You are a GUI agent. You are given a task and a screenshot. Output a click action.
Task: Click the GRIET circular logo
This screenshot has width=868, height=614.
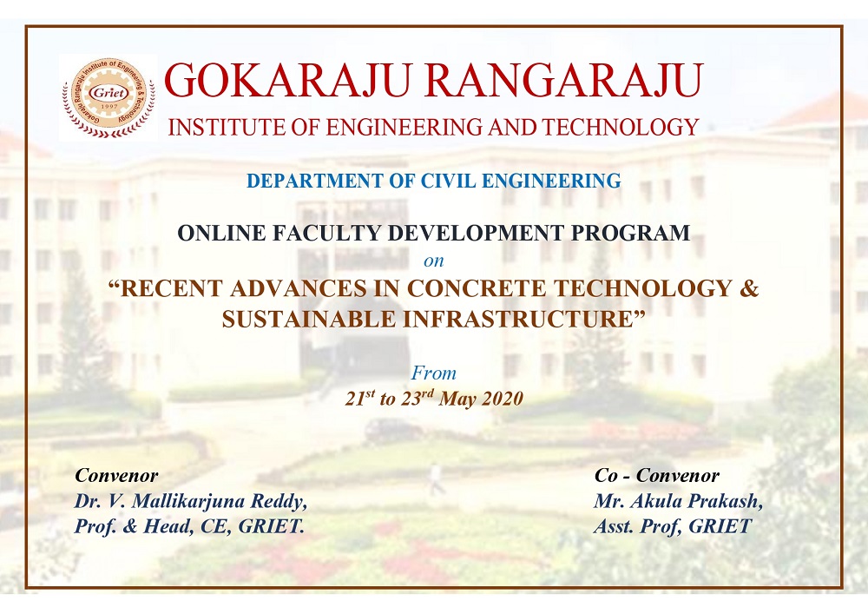(x=108, y=97)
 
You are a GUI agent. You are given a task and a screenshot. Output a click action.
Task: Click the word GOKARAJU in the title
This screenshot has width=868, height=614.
(x=288, y=80)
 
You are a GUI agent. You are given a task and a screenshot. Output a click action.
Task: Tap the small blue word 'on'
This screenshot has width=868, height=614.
(x=433, y=261)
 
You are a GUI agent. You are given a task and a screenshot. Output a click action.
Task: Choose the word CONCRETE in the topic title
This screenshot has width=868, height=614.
(x=477, y=288)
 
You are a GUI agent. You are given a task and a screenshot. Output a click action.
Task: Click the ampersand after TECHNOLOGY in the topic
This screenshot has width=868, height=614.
(x=749, y=288)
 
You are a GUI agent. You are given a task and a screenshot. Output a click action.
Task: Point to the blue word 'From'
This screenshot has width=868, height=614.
(x=433, y=373)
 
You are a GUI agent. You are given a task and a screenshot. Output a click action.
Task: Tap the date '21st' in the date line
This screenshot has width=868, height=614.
(x=360, y=398)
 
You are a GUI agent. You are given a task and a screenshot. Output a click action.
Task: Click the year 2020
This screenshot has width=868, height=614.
(x=503, y=399)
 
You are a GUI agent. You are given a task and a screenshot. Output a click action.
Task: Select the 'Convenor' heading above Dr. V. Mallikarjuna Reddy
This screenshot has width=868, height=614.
(x=116, y=475)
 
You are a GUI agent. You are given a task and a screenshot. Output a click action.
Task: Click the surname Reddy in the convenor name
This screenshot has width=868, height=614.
(x=279, y=502)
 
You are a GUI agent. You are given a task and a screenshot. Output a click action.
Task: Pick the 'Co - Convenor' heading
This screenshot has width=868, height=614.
(x=657, y=475)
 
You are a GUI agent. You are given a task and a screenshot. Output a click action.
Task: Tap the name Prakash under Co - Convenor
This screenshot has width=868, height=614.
(x=728, y=502)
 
